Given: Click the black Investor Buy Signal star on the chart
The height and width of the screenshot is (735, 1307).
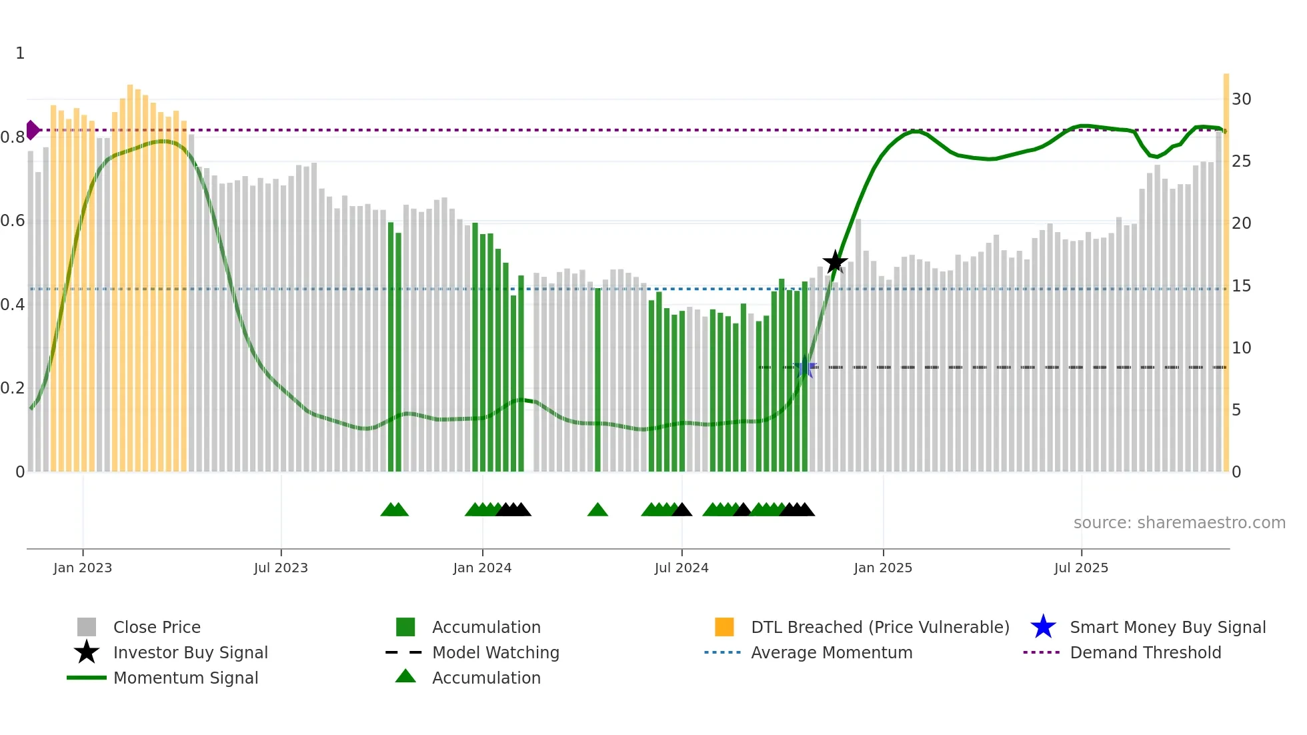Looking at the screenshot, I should pyautogui.click(x=835, y=262).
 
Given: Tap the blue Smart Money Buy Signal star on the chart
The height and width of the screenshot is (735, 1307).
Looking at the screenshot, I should pyautogui.click(x=805, y=367).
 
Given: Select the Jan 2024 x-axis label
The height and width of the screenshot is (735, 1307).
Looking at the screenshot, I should pyautogui.click(x=482, y=568).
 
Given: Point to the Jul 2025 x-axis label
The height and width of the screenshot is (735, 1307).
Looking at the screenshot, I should pyautogui.click(x=1081, y=568).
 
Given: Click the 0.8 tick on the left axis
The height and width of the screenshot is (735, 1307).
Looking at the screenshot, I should pyautogui.click(x=13, y=137).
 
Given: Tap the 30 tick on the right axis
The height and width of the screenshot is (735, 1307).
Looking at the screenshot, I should pyautogui.click(x=1241, y=99).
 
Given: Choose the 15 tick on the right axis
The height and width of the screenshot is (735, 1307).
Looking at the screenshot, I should pyautogui.click(x=1241, y=286).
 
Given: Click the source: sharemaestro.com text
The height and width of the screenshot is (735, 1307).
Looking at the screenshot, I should pyautogui.click(x=1179, y=523).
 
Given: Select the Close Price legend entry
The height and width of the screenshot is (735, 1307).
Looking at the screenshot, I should pyautogui.click(x=157, y=627).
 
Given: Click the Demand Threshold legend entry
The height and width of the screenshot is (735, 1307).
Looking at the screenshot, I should pyautogui.click(x=1145, y=652).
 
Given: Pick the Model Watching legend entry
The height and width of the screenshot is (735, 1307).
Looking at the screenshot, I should pyautogui.click(x=495, y=652).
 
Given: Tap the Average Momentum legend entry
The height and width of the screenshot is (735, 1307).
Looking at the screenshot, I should pyautogui.click(x=832, y=652).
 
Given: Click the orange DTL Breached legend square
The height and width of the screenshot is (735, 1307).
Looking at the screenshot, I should pyautogui.click(x=724, y=627).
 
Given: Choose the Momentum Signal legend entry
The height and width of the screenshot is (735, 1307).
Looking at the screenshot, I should pyautogui.click(x=185, y=678).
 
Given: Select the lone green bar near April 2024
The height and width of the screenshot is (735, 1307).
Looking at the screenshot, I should pyautogui.click(x=597, y=380).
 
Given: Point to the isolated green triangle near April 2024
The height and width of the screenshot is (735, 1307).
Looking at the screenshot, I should pyautogui.click(x=597, y=510).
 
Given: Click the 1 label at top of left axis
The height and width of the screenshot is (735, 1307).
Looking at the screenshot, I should pyautogui.click(x=20, y=53).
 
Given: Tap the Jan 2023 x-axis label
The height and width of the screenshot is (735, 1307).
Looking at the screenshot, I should pyautogui.click(x=83, y=568).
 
